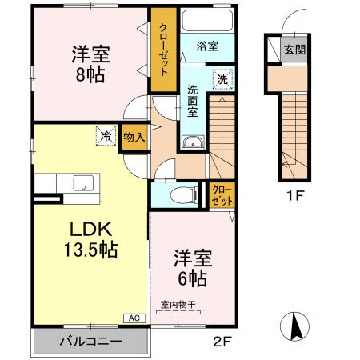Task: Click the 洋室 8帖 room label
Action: coord(90,64)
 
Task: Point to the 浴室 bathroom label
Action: coord(207,46)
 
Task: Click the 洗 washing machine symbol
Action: coord(222,80)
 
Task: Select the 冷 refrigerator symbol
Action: coord(105,136)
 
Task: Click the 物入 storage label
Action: coord(134,138)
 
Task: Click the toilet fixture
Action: coord(182,194)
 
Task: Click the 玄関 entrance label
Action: coord(294,49)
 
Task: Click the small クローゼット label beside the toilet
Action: coord(222,194)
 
